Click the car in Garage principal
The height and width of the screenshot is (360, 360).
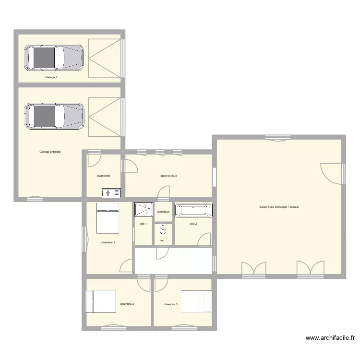coord(54,116)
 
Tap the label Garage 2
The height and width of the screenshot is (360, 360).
coord(51,77)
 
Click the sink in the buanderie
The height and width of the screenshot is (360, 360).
coord(110,193)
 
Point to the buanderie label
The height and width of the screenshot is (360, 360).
coord(103,176)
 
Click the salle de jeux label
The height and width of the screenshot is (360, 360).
coord(169,176)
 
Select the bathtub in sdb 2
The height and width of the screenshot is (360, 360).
coord(193,210)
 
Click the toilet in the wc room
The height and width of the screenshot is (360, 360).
coord(163,229)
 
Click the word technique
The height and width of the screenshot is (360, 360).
coord(163,212)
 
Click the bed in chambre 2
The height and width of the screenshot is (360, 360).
coord(101,302)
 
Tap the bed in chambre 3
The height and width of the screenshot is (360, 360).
coord(196,302)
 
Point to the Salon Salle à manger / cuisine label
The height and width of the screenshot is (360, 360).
coord(279,207)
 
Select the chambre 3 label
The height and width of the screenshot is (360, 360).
coord(170,304)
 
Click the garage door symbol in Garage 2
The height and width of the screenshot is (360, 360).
coord(105,58)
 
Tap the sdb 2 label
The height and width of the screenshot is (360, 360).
coord(193,224)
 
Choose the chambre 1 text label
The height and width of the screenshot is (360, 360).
coord(108,242)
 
